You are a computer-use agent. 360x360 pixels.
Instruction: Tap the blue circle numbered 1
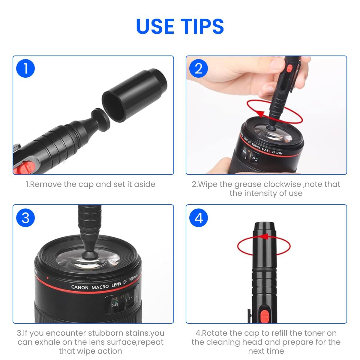25,68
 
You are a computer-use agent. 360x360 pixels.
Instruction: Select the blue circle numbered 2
198,68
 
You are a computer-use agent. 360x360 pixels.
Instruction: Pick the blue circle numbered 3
25,217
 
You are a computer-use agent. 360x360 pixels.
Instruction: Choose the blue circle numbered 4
198,217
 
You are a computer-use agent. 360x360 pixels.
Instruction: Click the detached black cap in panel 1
134,95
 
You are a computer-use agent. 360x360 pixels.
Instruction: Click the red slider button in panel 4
265,316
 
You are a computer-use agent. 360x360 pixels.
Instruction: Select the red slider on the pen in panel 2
289,68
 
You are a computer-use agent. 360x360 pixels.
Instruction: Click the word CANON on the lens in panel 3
80,287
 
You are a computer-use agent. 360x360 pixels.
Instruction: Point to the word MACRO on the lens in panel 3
100,287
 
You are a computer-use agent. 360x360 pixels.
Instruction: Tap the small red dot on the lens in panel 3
48,278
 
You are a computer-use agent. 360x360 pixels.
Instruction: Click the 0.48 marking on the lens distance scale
115,305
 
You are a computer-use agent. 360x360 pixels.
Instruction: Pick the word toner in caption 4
315,333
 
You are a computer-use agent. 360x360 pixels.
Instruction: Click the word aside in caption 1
145,184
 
